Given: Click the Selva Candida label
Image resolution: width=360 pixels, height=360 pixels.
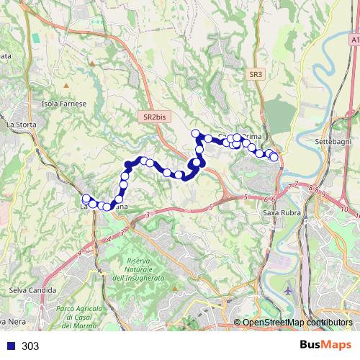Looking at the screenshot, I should pos(27,289).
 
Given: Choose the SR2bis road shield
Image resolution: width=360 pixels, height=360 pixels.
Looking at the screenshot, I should pos(154,116).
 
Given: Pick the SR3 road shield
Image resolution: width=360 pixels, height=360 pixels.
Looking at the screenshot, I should pos(257,73).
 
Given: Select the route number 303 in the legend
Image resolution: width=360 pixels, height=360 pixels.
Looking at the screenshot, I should pos(30,346).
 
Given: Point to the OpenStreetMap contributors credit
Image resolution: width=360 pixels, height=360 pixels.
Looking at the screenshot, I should pos(297,323).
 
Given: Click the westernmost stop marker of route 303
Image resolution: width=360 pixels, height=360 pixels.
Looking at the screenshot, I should pos(86,199).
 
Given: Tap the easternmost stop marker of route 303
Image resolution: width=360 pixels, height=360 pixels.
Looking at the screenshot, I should pos(274,157).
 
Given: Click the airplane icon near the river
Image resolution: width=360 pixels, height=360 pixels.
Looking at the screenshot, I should pos(289,291).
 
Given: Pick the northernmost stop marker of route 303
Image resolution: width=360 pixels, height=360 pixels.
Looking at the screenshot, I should pos(195,132).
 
